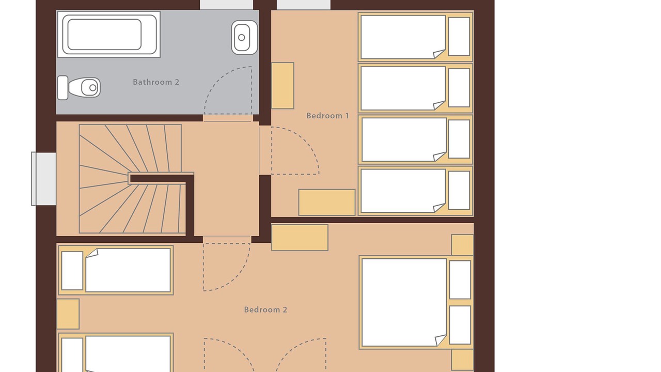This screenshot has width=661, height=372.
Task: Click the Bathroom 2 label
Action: tap(156, 82)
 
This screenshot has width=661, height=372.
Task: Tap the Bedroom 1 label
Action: tap(327, 116)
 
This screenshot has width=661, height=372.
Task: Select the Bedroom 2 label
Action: tap(265, 309)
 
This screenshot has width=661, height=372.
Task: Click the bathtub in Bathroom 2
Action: tap(109, 35)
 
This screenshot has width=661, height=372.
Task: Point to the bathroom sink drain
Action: tap(242, 38)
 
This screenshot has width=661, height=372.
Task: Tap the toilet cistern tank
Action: tap(62, 88)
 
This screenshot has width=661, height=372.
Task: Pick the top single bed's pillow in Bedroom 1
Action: tap(459, 36)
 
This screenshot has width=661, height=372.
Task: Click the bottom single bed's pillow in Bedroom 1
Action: tap(459, 191)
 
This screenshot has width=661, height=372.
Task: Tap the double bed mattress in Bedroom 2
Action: tap(404, 302)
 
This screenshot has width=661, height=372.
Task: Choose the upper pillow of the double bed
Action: tap(460, 280)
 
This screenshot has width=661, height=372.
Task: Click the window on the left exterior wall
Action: tap(44, 179)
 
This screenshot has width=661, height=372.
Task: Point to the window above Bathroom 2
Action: tap(227, 5)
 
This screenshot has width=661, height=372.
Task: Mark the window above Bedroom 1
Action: tap(304, 5)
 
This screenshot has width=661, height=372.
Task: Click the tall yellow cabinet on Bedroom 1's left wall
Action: tap(282, 86)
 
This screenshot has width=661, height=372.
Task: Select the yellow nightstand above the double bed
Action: tap(462, 245)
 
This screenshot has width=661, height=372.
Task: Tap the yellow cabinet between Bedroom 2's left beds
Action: tap(68, 314)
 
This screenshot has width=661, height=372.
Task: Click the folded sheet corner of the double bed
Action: tap(441, 340)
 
